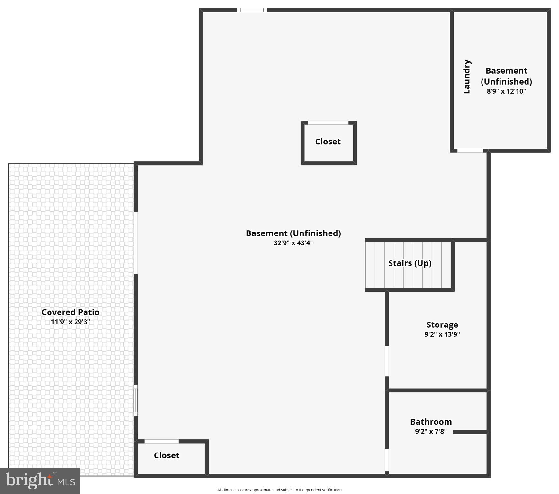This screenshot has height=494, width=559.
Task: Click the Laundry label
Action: [x=467, y=77]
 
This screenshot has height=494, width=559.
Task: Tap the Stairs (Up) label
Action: [x=410, y=263]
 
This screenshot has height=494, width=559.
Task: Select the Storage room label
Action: [x=442, y=325]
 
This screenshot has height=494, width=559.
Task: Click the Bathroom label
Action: [x=431, y=422]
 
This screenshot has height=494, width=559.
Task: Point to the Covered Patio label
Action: [x=70, y=312]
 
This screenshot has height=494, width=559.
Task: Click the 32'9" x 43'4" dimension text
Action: [x=293, y=243]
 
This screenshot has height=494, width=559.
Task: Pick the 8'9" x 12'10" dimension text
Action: [x=506, y=91]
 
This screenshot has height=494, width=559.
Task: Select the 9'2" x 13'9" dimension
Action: [x=442, y=334]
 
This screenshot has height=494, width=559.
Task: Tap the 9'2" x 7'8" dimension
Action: [x=431, y=431]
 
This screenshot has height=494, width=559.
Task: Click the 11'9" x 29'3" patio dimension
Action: [x=70, y=322]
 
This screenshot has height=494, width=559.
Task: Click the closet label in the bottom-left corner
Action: [x=167, y=455]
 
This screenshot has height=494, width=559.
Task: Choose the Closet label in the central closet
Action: [x=328, y=142]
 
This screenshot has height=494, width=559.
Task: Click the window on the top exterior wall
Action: [x=252, y=10]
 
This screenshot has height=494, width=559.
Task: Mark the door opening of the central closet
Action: [x=328, y=123]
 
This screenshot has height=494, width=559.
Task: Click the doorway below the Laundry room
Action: [x=470, y=151]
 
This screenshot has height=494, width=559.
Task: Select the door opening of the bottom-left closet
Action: [x=161, y=441]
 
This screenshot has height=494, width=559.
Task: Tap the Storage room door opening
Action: [x=387, y=361]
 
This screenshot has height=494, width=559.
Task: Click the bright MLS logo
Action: [x=40, y=480]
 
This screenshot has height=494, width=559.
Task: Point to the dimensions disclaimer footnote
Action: [x=279, y=490]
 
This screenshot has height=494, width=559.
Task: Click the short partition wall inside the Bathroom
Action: [x=470, y=432]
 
